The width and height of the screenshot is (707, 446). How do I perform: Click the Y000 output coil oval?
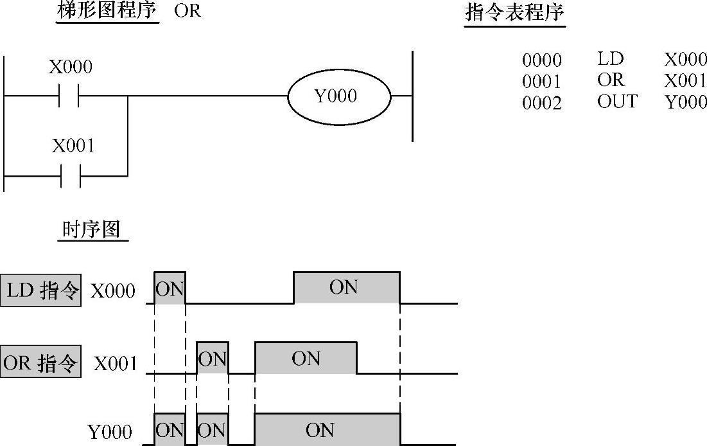pyautogui.click(x=339, y=96)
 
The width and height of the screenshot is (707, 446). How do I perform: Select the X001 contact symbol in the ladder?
pyautogui.click(x=71, y=175)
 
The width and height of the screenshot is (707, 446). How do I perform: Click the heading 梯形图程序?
pyautogui.click(x=107, y=12)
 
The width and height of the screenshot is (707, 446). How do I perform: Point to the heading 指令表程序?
pyautogui.click(x=514, y=13)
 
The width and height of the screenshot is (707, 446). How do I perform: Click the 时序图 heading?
pyautogui.click(x=92, y=229)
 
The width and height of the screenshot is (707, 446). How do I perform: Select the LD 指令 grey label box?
pyautogui.click(x=41, y=291)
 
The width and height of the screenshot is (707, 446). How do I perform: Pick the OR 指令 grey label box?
pyautogui.click(x=40, y=363)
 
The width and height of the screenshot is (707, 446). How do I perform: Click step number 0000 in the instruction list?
pyautogui.click(x=541, y=60)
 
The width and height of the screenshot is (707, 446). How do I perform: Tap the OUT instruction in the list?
pyautogui.click(x=616, y=102)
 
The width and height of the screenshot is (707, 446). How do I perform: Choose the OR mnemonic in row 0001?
pyautogui.click(x=610, y=80)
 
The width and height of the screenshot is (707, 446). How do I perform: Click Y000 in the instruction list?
pyautogui.click(x=685, y=102)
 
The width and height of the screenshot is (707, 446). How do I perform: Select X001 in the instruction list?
pyautogui.click(x=685, y=81)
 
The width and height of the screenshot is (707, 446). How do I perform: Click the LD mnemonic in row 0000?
pyautogui.click(x=610, y=59)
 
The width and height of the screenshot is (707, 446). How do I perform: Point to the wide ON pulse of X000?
pyautogui.click(x=346, y=287)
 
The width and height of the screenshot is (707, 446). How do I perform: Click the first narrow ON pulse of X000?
pyautogui.click(x=170, y=288)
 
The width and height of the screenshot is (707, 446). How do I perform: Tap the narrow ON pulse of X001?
pyautogui.click(x=212, y=358)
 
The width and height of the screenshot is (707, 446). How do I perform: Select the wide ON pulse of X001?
pyautogui.click(x=306, y=358)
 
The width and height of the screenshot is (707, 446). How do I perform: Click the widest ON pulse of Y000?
pyautogui.click(x=327, y=429)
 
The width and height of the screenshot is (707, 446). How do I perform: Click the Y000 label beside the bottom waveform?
pyautogui.click(x=110, y=431)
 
